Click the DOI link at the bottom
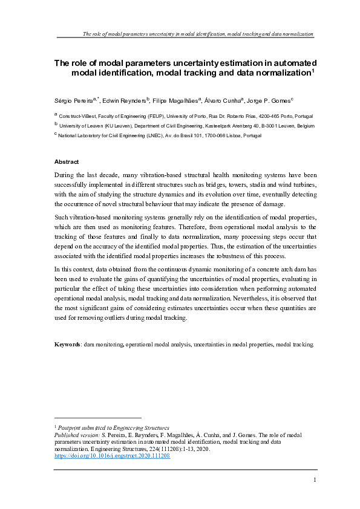[x=112, y=456]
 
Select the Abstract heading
[x=67, y=162]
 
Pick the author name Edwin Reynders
[x=126, y=100]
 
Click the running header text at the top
[x=197, y=34]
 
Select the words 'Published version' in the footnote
[x=76, y=435]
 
